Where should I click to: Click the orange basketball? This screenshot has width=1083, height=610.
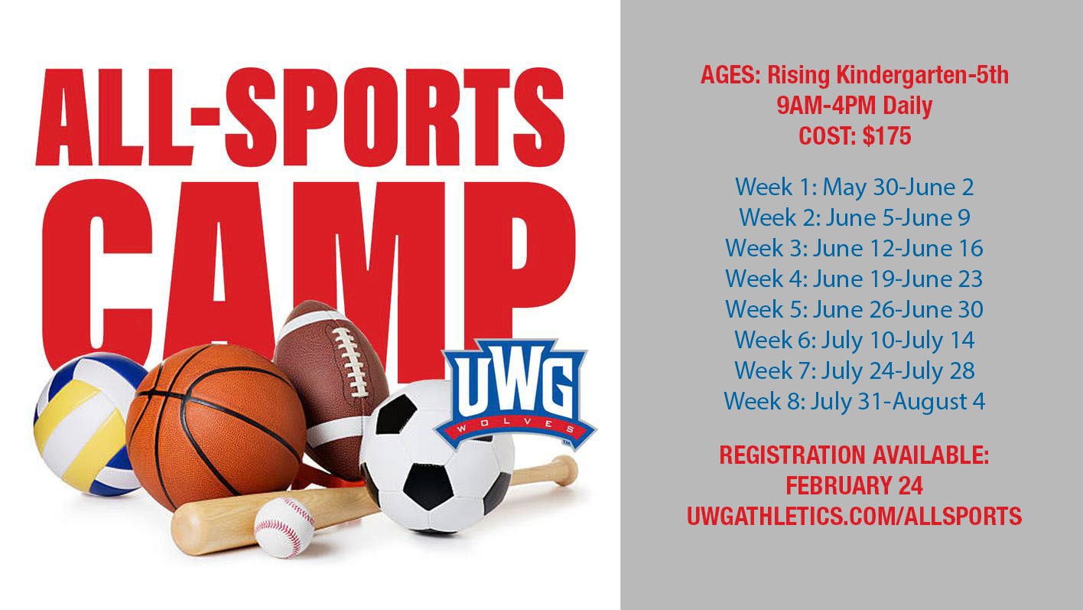coord(214,425)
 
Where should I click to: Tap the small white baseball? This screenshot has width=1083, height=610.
coord(284,527)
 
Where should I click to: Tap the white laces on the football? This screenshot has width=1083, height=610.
coord(353,360)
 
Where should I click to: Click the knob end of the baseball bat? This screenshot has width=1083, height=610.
coord(566,468)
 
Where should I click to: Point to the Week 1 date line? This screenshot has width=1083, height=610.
coord(854,187)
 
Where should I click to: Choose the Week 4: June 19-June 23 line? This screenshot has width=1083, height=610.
coord(854,279)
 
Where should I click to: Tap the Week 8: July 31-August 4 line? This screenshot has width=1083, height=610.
coord(854,401)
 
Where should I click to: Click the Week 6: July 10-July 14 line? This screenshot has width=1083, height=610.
coord(854,340)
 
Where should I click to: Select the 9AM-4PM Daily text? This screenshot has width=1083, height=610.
coord(854,106)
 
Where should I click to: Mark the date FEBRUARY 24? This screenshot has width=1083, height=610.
coord(854,486)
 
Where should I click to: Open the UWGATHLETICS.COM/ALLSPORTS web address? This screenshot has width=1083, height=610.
coord(854,516)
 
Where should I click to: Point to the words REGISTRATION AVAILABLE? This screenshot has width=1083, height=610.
coord(854,456)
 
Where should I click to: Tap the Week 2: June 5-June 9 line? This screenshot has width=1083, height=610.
coord(854,217)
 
